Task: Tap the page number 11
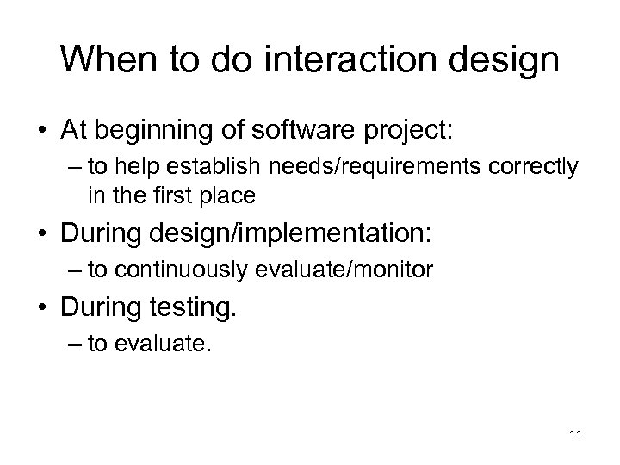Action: (x=575, y=436)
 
